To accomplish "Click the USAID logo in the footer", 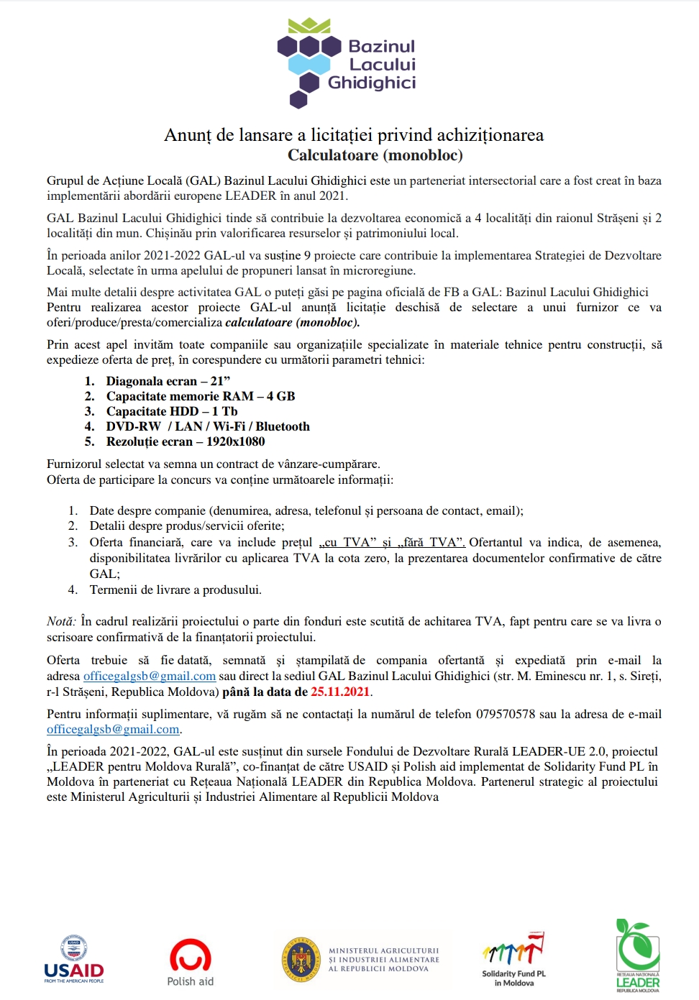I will [74, 960].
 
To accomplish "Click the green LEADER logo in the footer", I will [637, 956].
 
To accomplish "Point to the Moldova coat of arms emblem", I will [301, 960].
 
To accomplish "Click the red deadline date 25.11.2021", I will [340, 692].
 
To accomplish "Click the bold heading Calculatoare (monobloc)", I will [375, 155].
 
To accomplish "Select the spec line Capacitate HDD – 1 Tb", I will [172, 411].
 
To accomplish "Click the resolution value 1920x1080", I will [235, 441].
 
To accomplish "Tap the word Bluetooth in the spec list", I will [283, 426].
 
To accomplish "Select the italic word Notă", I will [60, 621].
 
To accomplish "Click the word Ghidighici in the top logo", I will [372, 83].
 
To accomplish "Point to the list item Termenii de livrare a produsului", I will [175, 590].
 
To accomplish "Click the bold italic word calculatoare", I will [259, 322].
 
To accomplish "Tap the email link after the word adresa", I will [150, 676].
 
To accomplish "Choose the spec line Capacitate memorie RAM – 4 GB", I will [201, 396].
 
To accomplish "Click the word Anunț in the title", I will [188, 135].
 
